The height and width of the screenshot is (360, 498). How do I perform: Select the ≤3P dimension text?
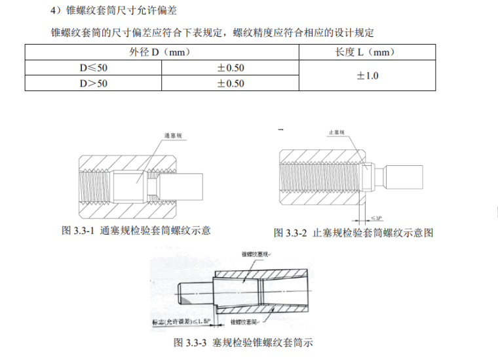(375, 217)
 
